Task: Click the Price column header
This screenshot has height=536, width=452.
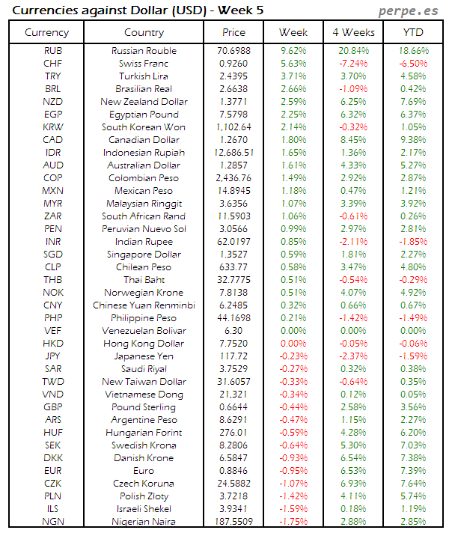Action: point(233,32)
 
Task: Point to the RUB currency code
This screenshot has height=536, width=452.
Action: point(53,51)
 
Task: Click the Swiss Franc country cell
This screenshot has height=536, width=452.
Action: point(144,64)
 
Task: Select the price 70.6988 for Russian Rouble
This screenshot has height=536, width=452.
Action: point(233,51)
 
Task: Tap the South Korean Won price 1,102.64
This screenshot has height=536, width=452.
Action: point(233,127)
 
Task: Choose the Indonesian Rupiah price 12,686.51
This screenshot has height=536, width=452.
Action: point(233,153)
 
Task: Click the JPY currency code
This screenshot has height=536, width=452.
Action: point(53,356)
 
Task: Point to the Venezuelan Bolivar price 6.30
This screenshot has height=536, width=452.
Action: point(233,331)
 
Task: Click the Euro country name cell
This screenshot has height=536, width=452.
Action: point(144,471)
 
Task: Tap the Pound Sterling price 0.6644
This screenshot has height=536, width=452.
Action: point(233,407)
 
